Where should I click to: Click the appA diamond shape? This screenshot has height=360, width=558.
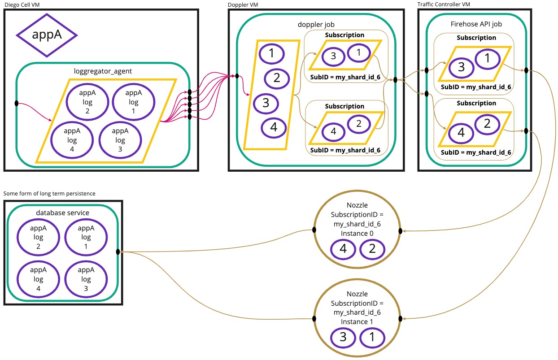[47, 35]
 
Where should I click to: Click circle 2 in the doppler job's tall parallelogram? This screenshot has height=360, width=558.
[277, 78]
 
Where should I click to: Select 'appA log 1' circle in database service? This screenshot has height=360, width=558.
[86, 237]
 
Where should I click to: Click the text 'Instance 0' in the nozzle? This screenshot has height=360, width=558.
[357, 234]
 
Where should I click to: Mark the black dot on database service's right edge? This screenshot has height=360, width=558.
[118, 252]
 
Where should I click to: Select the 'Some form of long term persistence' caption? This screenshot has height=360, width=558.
[49, 193]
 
